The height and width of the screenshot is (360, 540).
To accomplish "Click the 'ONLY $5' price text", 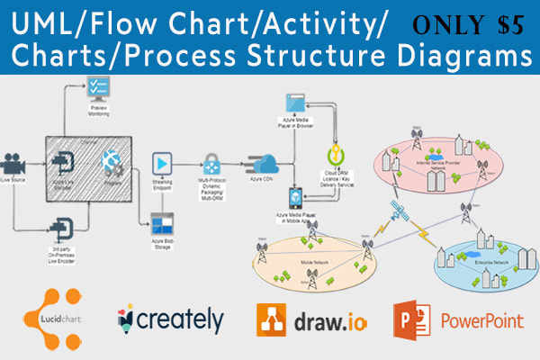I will [x=470, y=24].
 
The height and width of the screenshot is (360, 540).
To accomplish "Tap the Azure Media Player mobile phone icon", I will [x=294, y=197].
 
